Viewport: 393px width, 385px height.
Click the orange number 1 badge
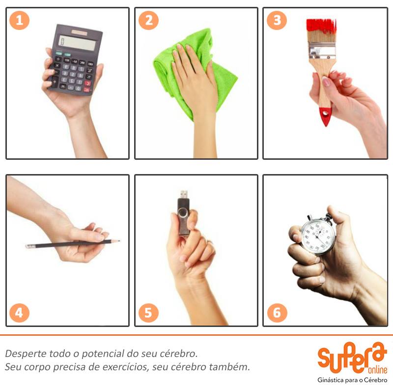click(x=19, y=20)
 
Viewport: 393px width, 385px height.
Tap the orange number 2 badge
click(x=148, y=20)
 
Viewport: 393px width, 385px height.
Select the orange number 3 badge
click(x=277, y=20)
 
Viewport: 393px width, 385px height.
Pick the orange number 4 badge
click(x=19, y=313)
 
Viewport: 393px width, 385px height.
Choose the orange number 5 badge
click(x=148, y=313)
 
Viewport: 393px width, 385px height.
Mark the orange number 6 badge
click(x=277, y=313)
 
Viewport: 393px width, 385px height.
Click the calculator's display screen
click(x=77, y=43)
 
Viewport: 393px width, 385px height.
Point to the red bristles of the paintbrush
click(x=321, y=27)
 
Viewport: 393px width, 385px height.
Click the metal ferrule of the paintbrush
click(x=322, y=51)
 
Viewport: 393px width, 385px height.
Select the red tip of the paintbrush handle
click(x=325, y=116)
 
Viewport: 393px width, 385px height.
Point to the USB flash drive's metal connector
click(x=184, y=194)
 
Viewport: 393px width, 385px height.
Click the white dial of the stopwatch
click(x=318, y=237)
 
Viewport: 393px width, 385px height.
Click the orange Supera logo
click(x=352, y=358)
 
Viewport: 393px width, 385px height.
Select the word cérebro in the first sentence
click(x=179, y=354)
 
